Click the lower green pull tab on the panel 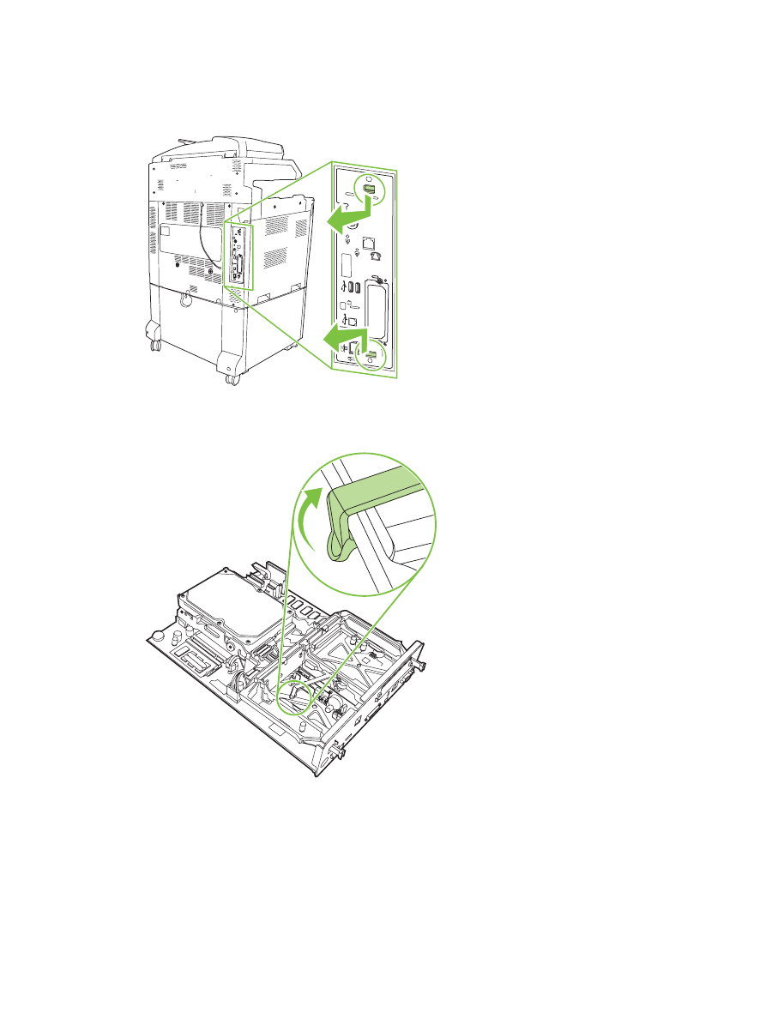tap(371, 352)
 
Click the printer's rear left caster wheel tap(154, 346)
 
